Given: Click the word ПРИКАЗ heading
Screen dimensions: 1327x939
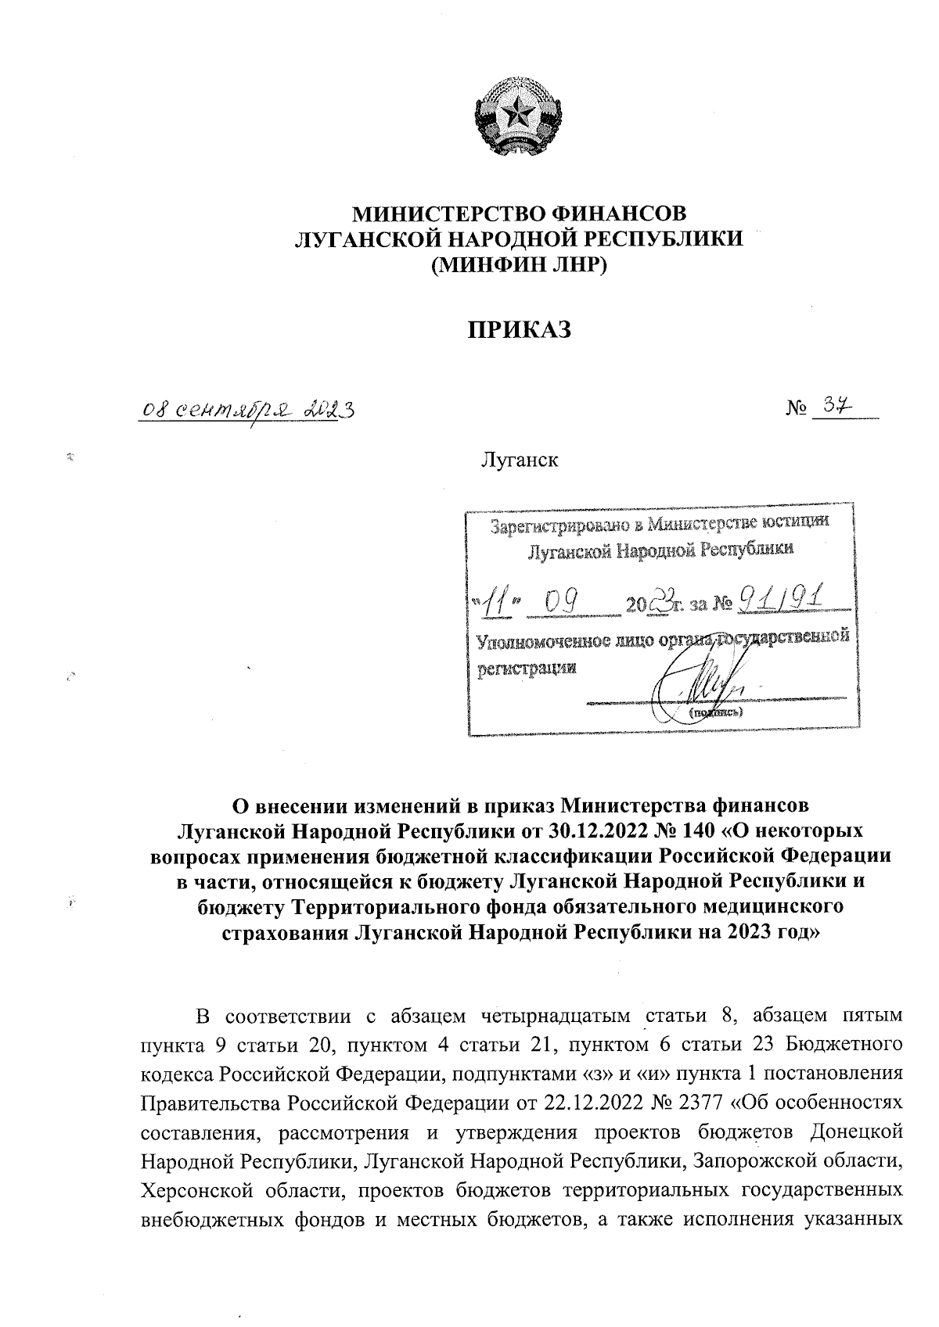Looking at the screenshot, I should tap(519, 329).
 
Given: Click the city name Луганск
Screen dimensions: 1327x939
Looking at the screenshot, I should tap(519, 459).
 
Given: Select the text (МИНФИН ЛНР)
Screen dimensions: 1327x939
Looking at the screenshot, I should tap(519, 264).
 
